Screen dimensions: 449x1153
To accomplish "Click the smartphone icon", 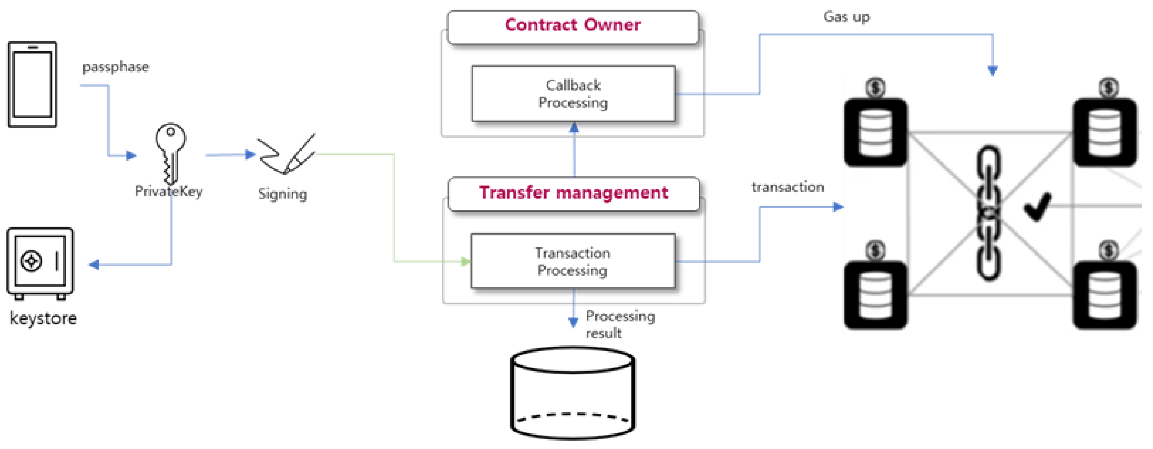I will (32, 84).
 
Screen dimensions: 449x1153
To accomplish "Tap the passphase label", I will (116, 67).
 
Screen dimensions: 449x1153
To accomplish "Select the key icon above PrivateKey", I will (171, 152).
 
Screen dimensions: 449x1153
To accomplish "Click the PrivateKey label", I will (168, 191).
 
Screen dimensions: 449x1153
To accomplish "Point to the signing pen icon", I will (286, 154).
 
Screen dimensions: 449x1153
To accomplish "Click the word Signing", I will (282, 194).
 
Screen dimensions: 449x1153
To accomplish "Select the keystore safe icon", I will (40, 263).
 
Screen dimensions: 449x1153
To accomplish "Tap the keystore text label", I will (43, 318).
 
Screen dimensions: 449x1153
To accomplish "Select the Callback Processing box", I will (574, 94).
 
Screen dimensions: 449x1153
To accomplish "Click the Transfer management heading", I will (574, 193).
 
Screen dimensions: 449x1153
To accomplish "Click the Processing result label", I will (620, 324).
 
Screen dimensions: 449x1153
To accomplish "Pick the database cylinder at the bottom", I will (572, 394).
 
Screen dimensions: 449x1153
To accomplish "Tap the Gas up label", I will (846, 17).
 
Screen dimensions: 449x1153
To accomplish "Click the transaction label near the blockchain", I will (787, 187).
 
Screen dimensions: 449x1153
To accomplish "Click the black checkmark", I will (1037, 207).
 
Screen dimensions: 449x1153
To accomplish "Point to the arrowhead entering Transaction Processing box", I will (465, 262).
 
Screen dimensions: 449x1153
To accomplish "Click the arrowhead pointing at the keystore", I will (94, 265).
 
